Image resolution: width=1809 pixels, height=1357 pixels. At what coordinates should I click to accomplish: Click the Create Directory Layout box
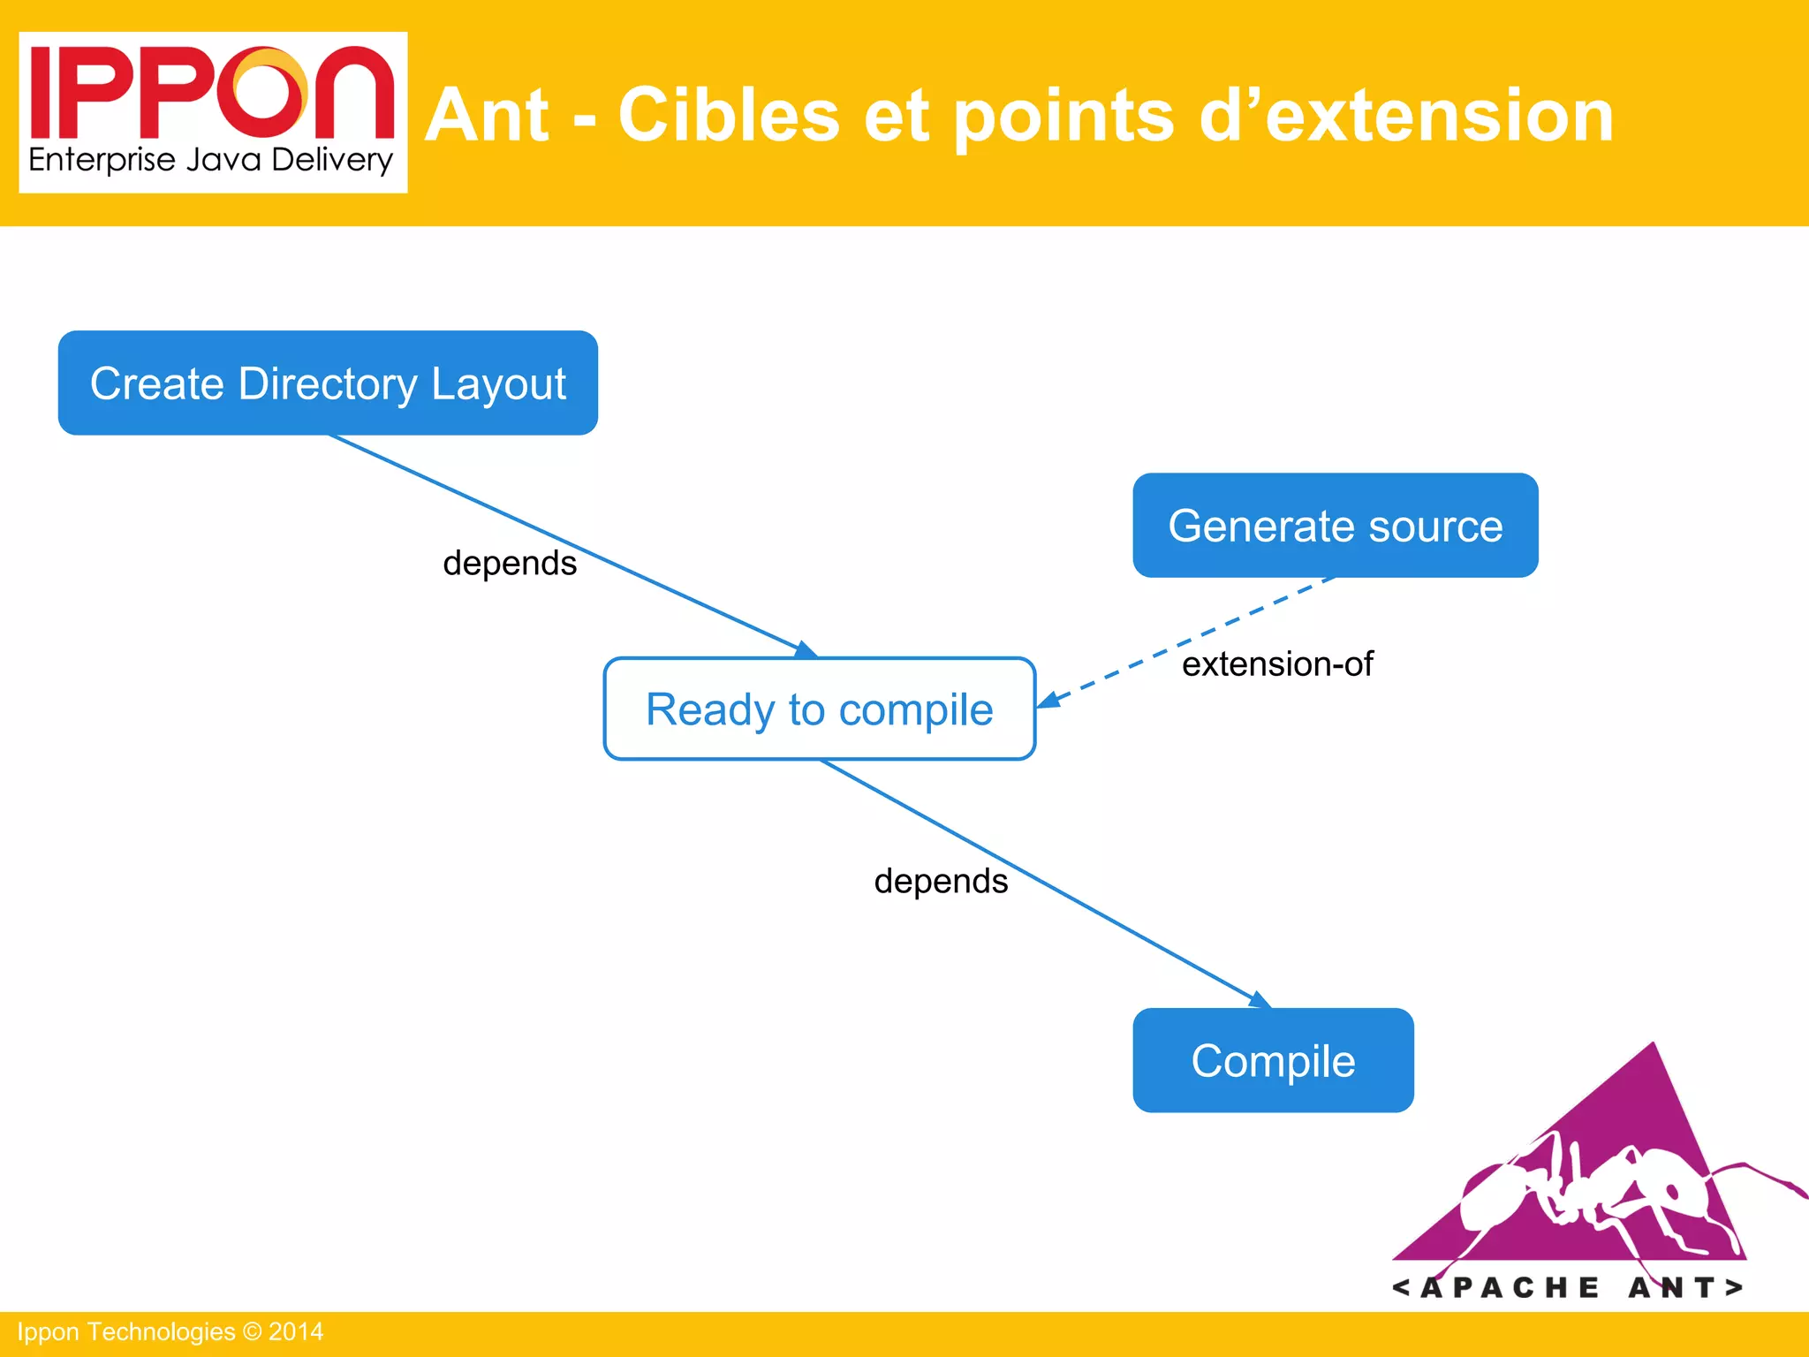tap(328, 383)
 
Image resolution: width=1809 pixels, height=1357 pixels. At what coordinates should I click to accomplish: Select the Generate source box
tap(1335, 526)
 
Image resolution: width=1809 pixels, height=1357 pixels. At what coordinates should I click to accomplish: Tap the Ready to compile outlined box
tap(819, 709)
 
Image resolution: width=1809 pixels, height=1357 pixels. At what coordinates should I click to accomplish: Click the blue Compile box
tap(1273, 1060)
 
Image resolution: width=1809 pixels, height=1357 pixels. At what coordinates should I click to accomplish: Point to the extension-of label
tap(1277, 663)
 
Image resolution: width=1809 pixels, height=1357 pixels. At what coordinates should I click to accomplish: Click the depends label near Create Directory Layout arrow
tap(510, 563)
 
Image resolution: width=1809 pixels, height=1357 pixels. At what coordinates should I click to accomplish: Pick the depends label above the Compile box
tap(941, 881)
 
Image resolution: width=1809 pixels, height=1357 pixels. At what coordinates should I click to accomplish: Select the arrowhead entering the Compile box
tap(1261, 1000)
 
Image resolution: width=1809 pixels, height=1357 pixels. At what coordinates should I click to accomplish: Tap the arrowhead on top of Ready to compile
tap(806, 650)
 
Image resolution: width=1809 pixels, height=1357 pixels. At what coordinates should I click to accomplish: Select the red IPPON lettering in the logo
tap(212, 93)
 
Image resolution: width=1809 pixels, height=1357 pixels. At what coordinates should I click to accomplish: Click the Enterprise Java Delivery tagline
tap(210, 161)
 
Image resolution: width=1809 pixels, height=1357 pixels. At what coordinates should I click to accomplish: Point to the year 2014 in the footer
tap(296, 1331)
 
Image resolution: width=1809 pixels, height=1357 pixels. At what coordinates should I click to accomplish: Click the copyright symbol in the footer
tap(252, 1331)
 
